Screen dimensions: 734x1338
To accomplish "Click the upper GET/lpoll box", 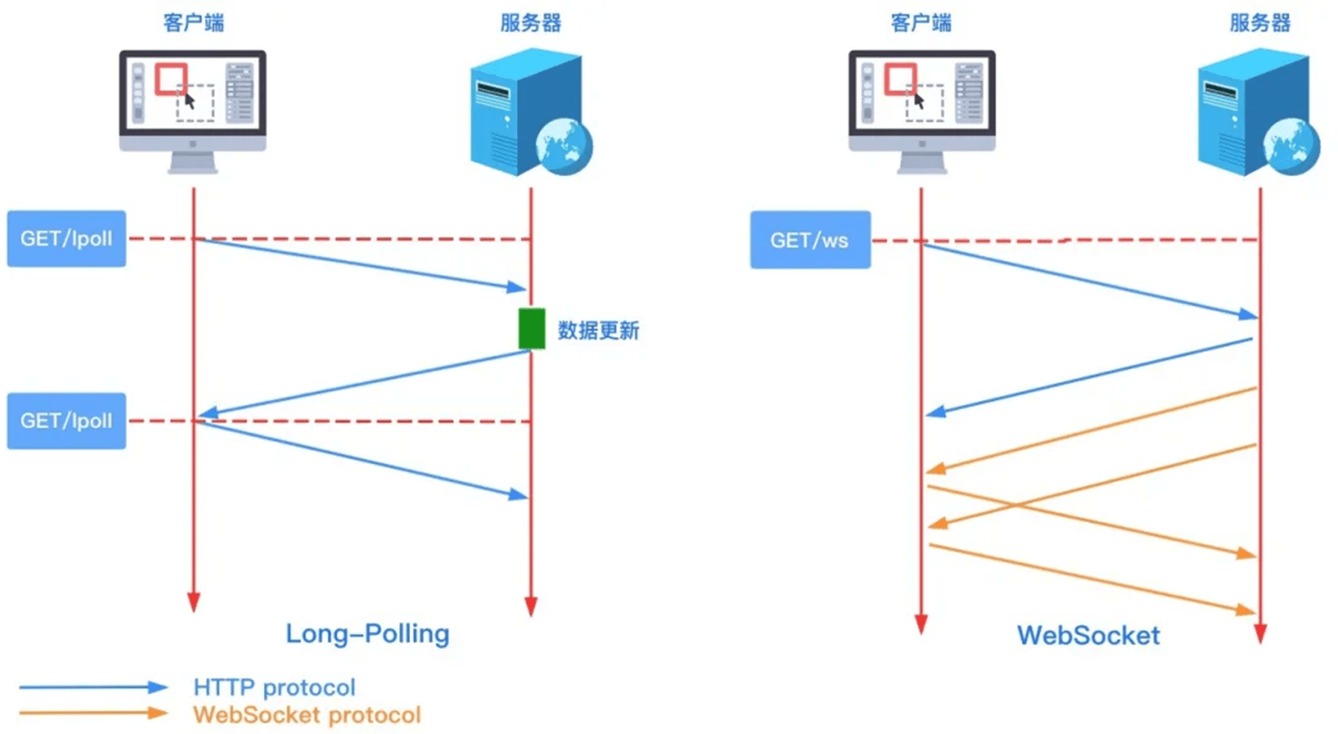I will point(66,239).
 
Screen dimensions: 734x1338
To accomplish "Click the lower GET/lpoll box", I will point(66,421).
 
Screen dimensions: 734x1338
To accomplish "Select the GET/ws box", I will point(809,240).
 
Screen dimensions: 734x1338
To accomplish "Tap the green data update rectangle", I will point(531,329).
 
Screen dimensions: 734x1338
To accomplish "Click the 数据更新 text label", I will point(598,331).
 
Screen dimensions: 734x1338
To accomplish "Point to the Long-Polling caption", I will point(367,634).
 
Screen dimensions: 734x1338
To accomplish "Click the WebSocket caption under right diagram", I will point(1087,635).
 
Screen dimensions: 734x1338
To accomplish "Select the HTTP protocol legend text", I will point(274,687).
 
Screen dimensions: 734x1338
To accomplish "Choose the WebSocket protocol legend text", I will point(307,715).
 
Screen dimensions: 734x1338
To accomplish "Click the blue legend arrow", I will point(93,687).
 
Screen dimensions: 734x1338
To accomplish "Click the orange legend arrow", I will point(93,713).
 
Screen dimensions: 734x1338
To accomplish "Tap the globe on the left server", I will point(565,146).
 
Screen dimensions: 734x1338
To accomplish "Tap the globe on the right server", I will point(1291,146).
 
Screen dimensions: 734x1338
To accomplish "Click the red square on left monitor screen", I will point(170,79).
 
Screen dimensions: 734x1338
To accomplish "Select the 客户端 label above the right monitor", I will point(920,23).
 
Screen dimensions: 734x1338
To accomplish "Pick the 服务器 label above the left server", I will point(530,23).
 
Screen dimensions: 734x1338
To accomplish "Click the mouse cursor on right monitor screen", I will point(919,101).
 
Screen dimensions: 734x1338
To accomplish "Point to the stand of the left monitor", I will point(193,162).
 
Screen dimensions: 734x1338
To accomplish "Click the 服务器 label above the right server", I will point(1259,23).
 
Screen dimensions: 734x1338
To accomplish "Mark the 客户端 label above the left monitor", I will point(193,23).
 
